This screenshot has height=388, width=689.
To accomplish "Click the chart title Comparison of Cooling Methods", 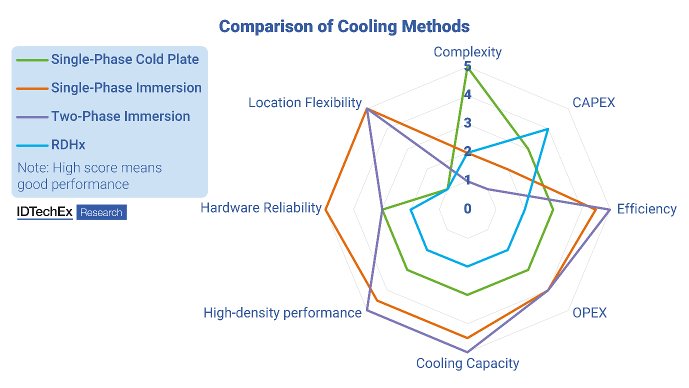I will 344,26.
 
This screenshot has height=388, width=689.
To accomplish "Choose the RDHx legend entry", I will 68,145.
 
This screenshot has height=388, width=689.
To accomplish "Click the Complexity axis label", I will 467,52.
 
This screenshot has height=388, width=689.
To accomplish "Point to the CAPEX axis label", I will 593,102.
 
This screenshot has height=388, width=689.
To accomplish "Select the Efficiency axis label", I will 646,208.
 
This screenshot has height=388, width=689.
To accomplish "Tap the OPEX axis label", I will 589,313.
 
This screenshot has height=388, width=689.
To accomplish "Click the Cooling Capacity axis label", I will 467,363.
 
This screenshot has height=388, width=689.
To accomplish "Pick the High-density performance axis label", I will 282,313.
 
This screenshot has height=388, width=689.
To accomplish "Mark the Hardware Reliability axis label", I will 260,207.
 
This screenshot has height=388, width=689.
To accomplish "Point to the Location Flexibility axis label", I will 305,102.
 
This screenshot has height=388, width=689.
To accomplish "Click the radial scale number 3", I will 467,123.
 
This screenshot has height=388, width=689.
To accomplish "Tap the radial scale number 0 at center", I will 467,208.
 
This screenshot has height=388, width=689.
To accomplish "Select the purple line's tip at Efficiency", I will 609,209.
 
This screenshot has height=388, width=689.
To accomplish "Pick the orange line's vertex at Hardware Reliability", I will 325,209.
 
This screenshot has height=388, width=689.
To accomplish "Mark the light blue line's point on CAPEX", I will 548,129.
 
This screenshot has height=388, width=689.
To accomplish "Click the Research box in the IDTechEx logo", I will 101,212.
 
